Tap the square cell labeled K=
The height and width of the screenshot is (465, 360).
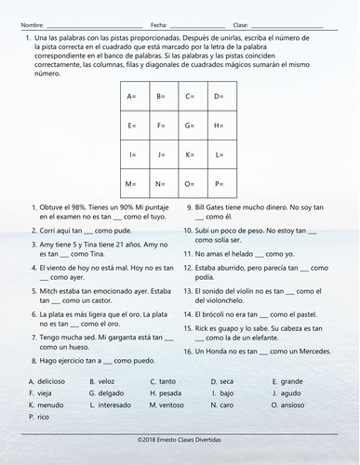pyautogui.click(x=192, y=155)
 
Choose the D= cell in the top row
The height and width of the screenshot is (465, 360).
pyautogui.click(x=220, y=96)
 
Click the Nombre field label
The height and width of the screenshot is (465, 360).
pyautogui.click(x=32, y=24)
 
